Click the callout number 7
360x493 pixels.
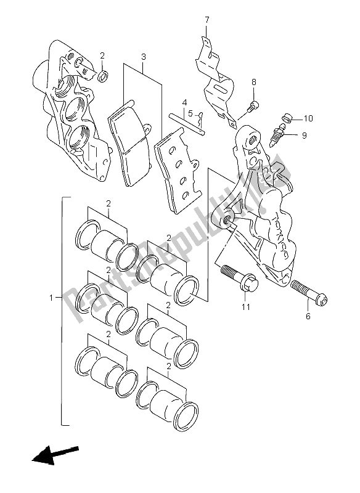coord(207,21)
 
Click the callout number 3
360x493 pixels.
coord(144,57)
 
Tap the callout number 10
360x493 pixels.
coord(308,118)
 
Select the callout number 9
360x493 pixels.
coord(304,136)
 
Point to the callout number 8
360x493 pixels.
coord(254,83)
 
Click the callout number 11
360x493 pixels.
coord(246,306)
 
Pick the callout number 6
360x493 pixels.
coord(308,316)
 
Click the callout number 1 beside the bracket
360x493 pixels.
coord(52,297)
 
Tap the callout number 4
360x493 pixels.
coord(184,102)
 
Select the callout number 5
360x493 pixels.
coord(190,113)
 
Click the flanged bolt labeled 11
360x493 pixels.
coord(240,279)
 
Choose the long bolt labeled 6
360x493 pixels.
coord(309,290)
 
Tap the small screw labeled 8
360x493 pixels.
coord(253,107)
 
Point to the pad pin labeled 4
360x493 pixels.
coord(187,125)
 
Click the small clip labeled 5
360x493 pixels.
coord(200,120)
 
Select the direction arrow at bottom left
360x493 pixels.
coord(55,454)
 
